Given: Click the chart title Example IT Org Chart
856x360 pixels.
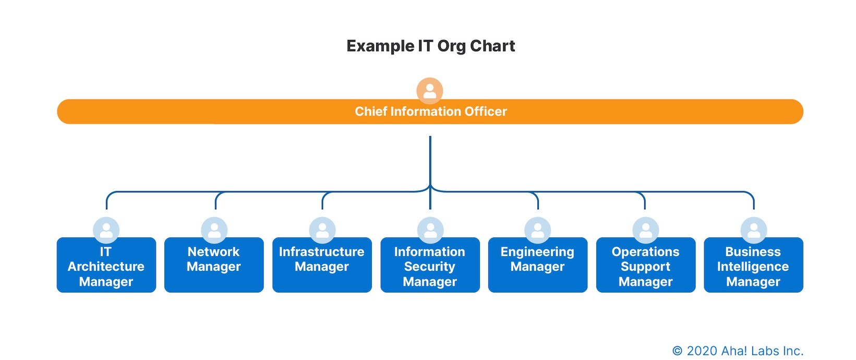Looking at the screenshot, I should tap(430, 46).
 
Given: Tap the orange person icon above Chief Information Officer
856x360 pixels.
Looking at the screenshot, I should tap(430, 91).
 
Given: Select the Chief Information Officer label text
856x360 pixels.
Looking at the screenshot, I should tap(430, 111).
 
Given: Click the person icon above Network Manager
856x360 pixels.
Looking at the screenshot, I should tap(214, 230).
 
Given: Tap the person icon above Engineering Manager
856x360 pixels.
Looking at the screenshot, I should tap(538, 230).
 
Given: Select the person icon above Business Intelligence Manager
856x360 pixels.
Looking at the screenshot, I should tap(754, 230).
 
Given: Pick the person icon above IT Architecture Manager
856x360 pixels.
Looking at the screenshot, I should tap(106, 230).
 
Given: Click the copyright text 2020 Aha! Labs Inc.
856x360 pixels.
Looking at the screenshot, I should tap(738, 351).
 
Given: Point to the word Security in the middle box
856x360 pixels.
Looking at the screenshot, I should tap(430, 267).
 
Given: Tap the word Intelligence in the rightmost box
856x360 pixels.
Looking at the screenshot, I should tap(753, 267).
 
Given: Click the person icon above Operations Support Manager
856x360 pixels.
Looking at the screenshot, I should tap(646, 230).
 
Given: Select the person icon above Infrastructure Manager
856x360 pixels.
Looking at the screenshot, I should tap(322, 230).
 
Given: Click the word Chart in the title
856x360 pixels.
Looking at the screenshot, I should tap(492, 46).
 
